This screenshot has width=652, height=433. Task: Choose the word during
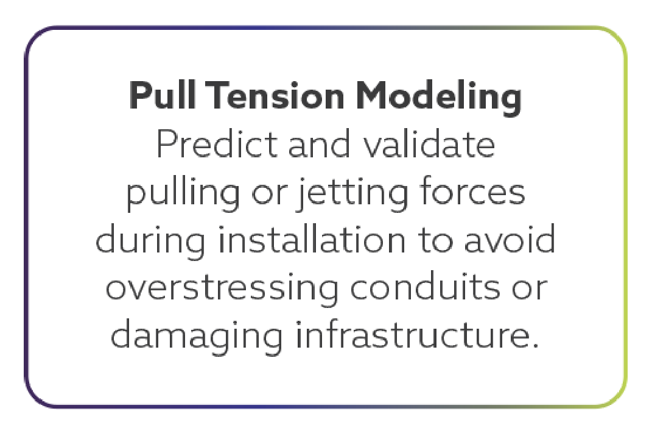click(151, 240)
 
